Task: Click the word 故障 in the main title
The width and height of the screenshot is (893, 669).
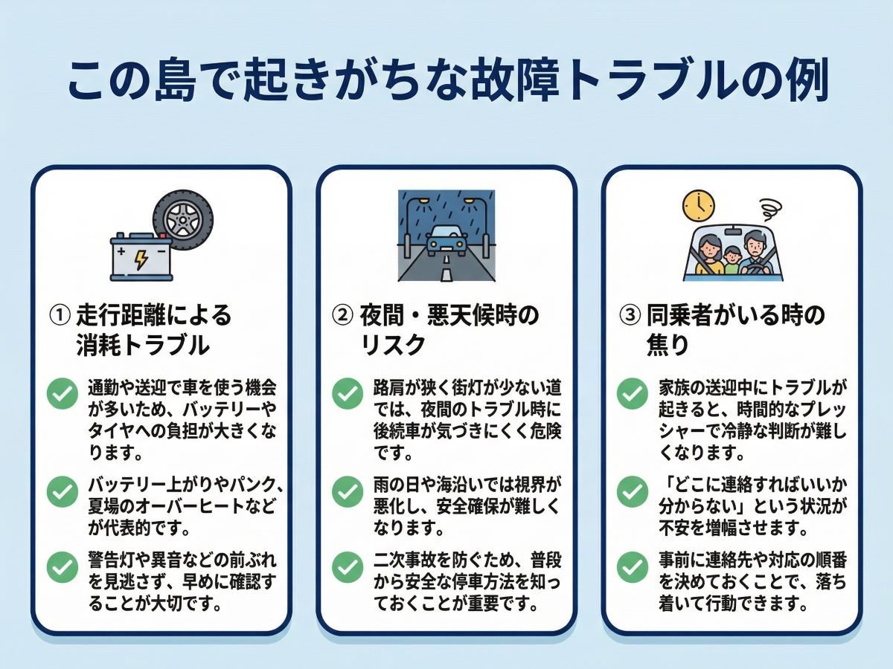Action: coord(513,83)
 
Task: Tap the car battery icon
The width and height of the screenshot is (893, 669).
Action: coord(141,258)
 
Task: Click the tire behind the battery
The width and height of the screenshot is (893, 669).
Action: coord(183,217)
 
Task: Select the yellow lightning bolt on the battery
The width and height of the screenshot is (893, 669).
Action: coord(141,259)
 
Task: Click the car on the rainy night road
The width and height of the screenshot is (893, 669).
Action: coord(446,241)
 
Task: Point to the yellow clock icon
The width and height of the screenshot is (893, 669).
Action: coord(698,205)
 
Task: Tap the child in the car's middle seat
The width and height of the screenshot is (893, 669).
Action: coord(732,261)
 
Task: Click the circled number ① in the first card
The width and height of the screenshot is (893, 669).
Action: coord(60,316)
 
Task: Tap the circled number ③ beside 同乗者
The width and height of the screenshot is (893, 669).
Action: coord(630,316)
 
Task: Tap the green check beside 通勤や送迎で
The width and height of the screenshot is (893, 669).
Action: coord(63,394)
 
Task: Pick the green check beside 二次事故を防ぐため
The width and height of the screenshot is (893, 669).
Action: coord(348,568)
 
